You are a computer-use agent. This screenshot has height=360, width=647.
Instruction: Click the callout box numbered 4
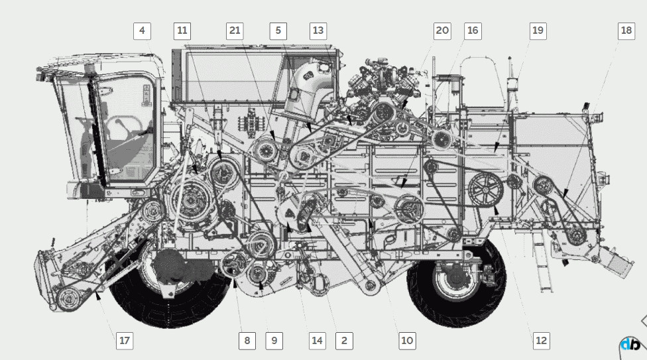coord(142,31)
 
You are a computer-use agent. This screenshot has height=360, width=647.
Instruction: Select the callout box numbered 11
coord(182,31)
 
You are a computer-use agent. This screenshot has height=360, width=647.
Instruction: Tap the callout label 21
coord(235,31)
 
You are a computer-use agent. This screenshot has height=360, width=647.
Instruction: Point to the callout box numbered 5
coord(278,31)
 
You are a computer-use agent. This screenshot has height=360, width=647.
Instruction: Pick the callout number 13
coord(318,31)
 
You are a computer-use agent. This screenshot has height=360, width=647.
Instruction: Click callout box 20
coord(442,31)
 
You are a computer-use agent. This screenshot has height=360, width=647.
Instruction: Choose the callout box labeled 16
coord(473,31)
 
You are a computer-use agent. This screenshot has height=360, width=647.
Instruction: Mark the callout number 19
coord(538,31)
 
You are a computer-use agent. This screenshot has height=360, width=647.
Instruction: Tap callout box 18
coord(626,31)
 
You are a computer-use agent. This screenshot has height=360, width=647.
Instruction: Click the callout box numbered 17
coord(124,341)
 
